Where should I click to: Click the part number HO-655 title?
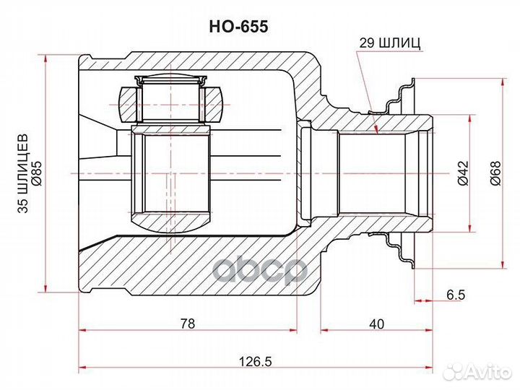tap(239, 26)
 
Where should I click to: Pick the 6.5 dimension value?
tap(456, 295)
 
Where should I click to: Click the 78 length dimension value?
tap(187, 324)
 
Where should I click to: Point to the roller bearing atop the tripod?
tap(171, 100)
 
